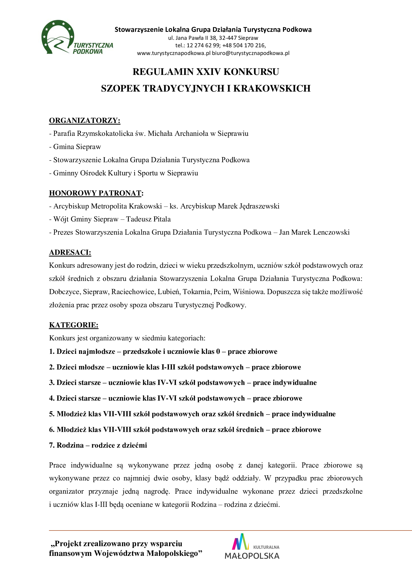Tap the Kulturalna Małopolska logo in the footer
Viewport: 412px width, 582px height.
tap(252, 546)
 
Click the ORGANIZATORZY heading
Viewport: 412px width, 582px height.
tap(84, 120)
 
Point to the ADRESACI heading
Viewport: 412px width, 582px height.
tap(70, 252)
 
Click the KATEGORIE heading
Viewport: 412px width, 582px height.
tap(73, 325)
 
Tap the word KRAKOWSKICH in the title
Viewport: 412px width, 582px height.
tap(272, 88)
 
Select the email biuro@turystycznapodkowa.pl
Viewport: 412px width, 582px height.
tap(251, 53)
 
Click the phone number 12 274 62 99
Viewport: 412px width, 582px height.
tap(203, 46)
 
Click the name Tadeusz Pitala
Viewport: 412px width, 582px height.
tap(148, 219)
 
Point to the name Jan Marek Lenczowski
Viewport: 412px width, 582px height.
tap(314, 232)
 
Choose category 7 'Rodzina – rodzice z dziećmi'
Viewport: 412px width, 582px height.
tap(98, 445)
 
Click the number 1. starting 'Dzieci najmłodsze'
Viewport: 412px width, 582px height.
tap(52, 352)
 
